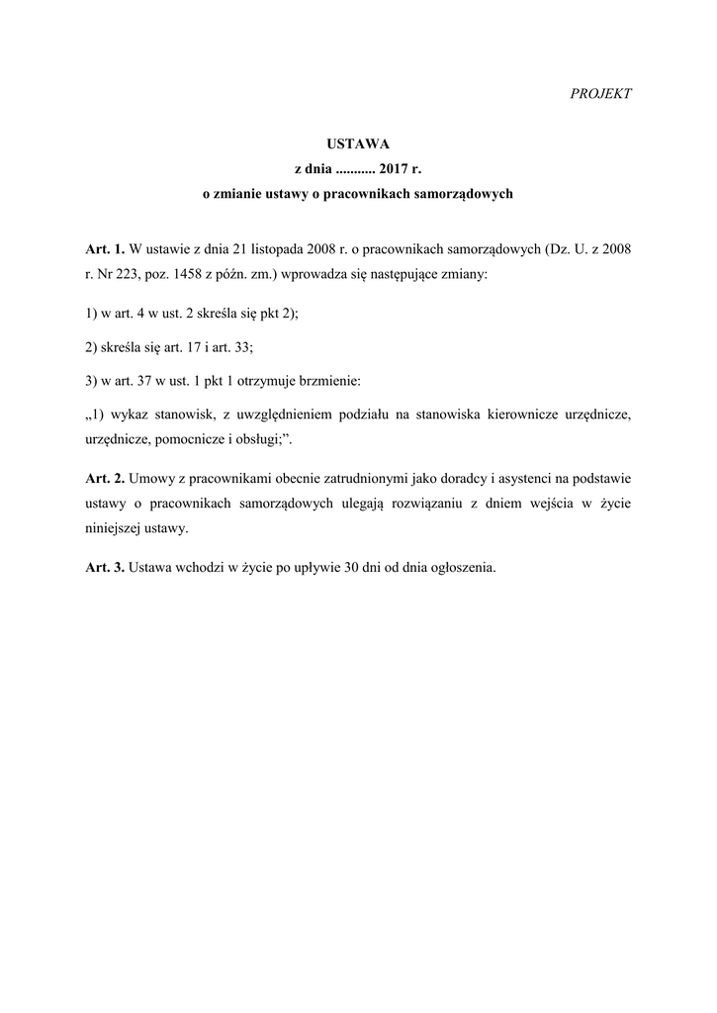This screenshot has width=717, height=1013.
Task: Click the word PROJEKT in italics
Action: [601, 93]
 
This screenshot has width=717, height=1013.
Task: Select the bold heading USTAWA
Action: [357, 144]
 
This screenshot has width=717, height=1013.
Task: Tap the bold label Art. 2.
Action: [105, 479]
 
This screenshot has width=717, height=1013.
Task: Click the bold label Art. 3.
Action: [105, 569]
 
